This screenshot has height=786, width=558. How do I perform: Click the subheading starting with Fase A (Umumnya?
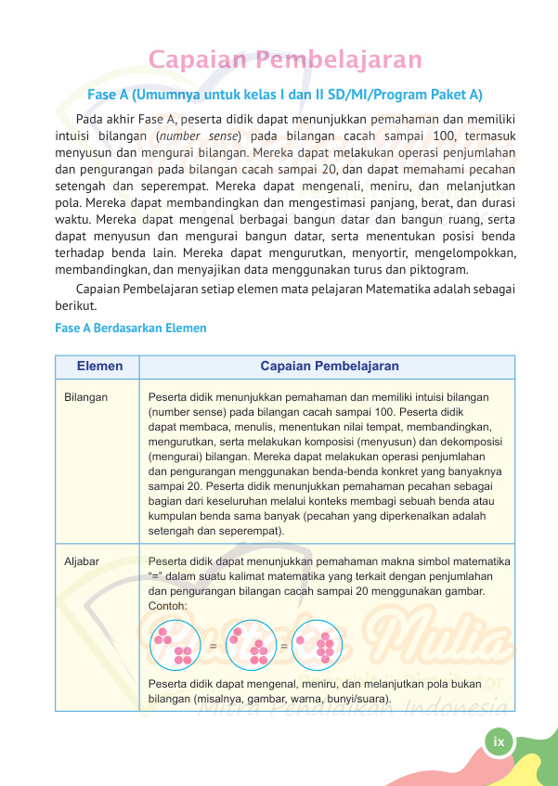(285, 95)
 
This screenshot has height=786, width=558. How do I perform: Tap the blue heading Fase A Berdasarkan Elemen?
(131, 329)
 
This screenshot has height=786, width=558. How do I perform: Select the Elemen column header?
(99, 367)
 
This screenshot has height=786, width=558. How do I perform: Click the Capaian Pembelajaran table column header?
(330, 367)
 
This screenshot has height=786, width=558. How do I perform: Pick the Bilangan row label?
(85, 396)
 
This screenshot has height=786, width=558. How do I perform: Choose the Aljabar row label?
(82, 561)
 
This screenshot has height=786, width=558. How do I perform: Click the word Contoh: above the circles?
(168, 606)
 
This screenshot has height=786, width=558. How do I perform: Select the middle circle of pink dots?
(250, 644)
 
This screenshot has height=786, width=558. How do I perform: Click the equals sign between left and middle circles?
(214, 644)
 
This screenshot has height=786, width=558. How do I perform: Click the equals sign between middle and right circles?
(283, 644)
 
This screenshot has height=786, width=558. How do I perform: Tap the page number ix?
(499, 741)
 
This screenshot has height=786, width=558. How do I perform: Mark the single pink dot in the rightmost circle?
(300, 639)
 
